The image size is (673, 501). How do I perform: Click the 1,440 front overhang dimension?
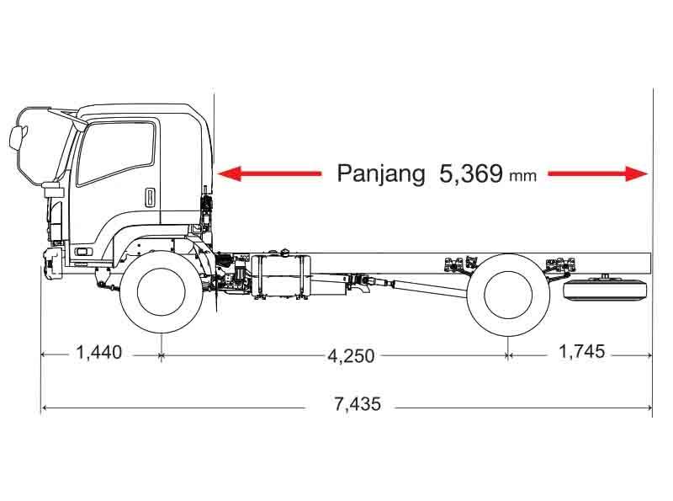[x=98, y=352]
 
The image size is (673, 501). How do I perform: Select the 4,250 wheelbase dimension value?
[x=351, y=356]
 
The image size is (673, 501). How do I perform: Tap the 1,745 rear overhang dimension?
[x=581, y=351]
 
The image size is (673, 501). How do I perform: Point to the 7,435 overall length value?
[x=358, y=404]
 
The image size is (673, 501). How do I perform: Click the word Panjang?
[x=381, y=173]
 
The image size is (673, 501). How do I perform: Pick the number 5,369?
[x=470, y=173]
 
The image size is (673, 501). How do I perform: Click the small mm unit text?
[x=522, y=176]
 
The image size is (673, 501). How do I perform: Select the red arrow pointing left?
[x=269, y=173]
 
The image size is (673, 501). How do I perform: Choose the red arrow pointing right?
[x=598, y=173]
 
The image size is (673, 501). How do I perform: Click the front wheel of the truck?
[x=161, y=292]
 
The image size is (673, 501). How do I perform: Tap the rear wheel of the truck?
[x=508, y=295]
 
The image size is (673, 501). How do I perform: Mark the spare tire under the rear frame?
[x=605, y=289]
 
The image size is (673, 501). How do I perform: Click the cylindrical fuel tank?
[x=281, y=276]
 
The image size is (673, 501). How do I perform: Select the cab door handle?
[x=149, y=197]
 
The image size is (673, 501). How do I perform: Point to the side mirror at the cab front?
[x=17, y=137]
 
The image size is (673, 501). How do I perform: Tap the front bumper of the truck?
[x=52, y=262]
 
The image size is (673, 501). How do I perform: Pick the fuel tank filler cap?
[x=285, y=252]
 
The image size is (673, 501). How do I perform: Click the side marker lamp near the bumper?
[x=83, y=252]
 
